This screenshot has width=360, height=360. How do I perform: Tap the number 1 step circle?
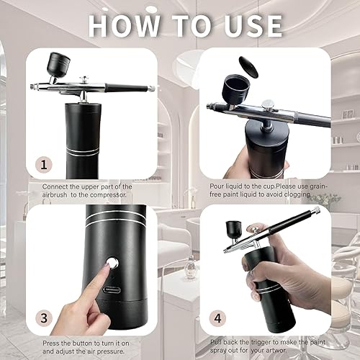tap(45, 165)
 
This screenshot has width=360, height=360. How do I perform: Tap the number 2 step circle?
tap(217, 165)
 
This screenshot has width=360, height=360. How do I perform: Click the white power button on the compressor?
tap(112, 262)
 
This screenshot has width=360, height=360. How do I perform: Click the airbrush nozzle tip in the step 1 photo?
tap(32, 86)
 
